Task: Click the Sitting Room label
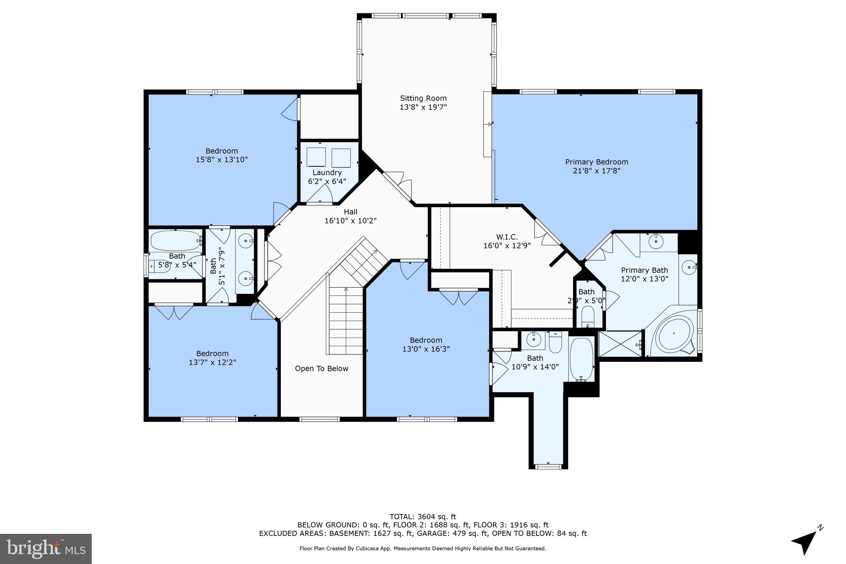click(x=423, y=98)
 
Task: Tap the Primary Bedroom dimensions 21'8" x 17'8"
click(x=596, y=171)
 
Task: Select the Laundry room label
click(x=327, y=173)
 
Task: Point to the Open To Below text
click(x=321, y=369)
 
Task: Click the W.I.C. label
click(x=506, y=237)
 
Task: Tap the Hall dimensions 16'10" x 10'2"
click(x=350, y=221)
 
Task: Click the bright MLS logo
click(x=46, y=549)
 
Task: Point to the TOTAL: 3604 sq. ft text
click(x=423, y=516)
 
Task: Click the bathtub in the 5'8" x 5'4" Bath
click(x=175, y=240)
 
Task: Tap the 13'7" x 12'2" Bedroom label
click(x=212, y=354)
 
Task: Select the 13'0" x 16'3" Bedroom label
click(x=426, y=340)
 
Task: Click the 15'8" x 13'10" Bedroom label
click(x=222, y=151)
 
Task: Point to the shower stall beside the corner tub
click(x=620, y=343)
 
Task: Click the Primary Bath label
click(x=644, y=270)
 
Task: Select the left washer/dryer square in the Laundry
click(x=316, y=157)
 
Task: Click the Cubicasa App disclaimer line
click(x=423, y=549)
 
